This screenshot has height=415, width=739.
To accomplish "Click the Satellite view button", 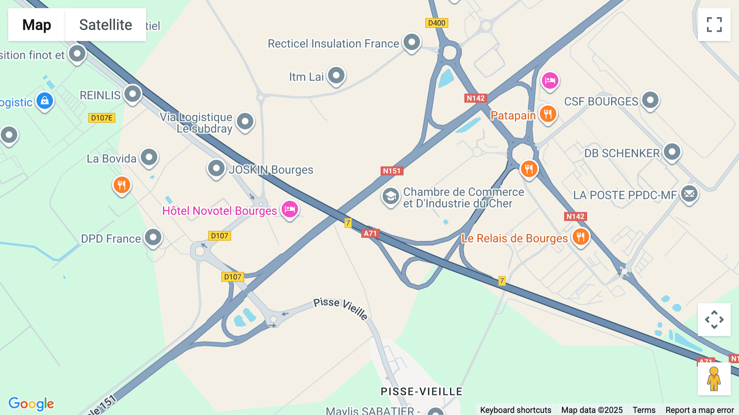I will pos(105,25).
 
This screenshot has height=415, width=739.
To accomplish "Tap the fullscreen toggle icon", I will pos(714,25).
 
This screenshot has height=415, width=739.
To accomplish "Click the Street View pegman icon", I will pos(714,378).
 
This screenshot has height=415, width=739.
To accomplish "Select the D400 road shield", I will pos(436,23).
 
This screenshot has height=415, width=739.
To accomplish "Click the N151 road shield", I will pos(392,171).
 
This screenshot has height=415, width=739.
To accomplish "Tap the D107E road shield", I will pos(102,118).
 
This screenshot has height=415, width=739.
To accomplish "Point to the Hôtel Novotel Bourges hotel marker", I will pos(290,209).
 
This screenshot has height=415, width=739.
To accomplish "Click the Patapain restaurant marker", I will pos(548,114).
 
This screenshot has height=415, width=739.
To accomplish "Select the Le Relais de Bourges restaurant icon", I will pos(581,237).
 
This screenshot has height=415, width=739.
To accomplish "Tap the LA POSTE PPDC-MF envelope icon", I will pos(689,194).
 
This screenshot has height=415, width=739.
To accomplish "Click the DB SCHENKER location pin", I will pos(672,152).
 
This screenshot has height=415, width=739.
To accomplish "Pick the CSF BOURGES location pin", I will pos(650,100).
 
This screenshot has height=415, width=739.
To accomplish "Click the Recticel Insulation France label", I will pos(333,44).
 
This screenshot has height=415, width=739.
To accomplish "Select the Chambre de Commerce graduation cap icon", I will pos(391,196).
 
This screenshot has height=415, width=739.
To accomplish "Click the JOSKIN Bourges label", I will pos(271,170).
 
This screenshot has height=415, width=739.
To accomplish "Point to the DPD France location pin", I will pos(154,237).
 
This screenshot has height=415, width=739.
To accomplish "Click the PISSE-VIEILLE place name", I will pos(422,391).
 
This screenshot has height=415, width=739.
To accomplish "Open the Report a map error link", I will pos(700,410).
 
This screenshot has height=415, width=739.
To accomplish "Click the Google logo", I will pos(31,403).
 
